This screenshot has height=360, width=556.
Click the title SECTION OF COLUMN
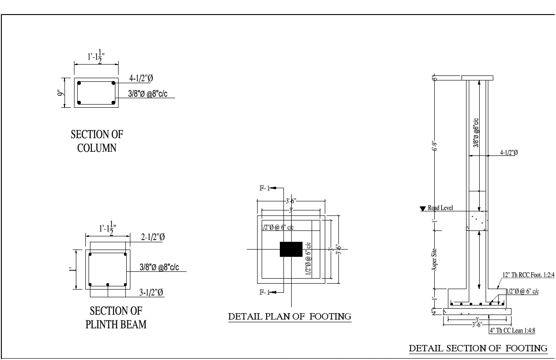[x=97, y=142]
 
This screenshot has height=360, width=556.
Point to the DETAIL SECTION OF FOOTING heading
[x=478, y=348]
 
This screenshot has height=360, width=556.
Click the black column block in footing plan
[x=291, y=249]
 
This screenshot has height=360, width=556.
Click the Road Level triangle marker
[x=423, y=209]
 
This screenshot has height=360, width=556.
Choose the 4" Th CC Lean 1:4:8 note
[x=512, y=330]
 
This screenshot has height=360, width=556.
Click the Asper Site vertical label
[x=435, y=259]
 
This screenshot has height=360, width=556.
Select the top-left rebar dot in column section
[x=79, y=83]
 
